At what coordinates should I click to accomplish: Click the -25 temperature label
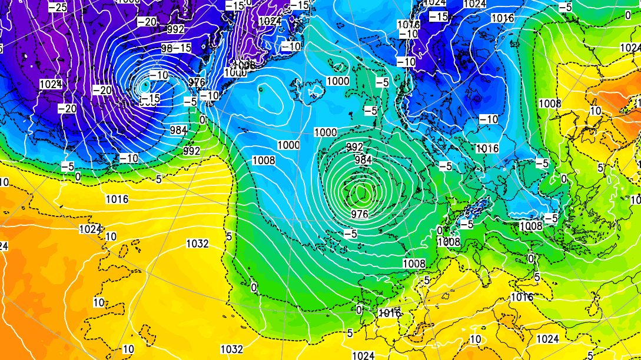pos(58,7)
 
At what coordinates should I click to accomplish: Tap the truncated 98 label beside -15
pos(167,48)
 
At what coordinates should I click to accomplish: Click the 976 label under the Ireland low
pos(359,214)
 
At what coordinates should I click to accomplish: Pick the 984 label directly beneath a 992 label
pos(363,159)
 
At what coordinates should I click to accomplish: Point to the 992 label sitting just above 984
pos(355,147)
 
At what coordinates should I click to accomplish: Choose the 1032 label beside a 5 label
pos(198,244)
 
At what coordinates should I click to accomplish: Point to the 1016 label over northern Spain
pos(389,314)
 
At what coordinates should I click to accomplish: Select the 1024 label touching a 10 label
pos(90,229)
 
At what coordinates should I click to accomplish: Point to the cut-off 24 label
pos(4,246)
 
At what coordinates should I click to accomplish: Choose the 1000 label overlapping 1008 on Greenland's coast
pos(235,72)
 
